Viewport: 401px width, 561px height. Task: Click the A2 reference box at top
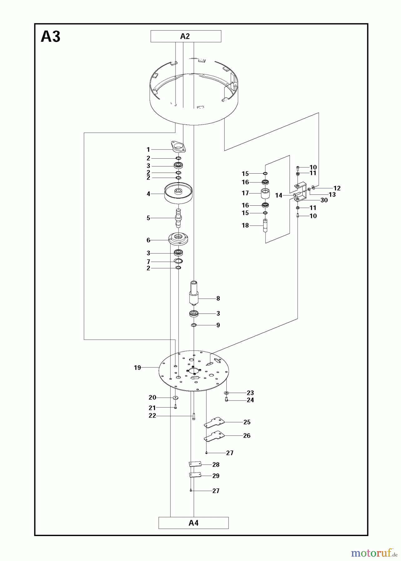[x=186, y=36]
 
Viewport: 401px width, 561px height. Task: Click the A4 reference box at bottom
[x=193, y=523]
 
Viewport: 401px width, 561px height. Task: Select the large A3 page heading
[x=51, y=37]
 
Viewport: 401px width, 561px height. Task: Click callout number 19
[x=137, y=368]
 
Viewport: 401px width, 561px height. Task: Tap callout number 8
[x=218, y=299]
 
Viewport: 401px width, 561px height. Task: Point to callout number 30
[x=324, y=200]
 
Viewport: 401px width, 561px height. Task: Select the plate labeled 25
[x=214, y=423]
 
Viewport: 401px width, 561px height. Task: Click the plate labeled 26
[x=214, y=436]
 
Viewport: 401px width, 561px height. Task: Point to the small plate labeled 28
[x=195, y=464]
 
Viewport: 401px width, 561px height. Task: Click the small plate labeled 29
[x=195, y=475]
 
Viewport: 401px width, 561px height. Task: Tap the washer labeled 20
[x=175, y=397]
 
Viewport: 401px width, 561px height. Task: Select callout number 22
[x=152, y=416]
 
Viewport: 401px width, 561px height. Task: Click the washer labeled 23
[x=226, y=393]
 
